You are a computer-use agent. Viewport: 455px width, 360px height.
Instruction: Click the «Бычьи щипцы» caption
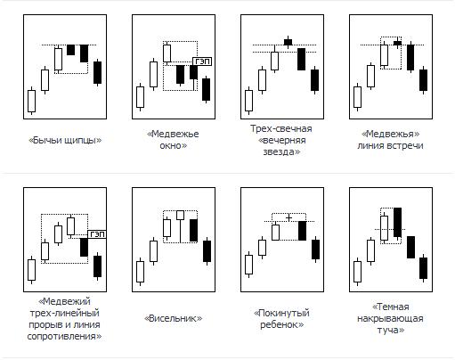65,140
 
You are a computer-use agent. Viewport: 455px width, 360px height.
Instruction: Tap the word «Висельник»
174,318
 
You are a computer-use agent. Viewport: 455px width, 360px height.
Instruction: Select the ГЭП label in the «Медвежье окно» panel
202,61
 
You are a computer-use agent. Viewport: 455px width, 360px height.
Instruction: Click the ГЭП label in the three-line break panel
97,234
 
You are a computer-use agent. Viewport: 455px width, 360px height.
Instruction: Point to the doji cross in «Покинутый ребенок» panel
288,217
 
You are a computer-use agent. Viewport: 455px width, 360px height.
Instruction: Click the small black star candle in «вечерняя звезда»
288,42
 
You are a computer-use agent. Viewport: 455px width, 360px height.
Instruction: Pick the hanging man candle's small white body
180,215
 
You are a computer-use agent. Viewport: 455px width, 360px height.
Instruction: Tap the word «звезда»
281,151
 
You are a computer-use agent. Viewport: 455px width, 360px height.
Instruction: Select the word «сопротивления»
64,336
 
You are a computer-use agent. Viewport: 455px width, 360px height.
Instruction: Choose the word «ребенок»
281,324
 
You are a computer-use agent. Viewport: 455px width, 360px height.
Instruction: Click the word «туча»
391,330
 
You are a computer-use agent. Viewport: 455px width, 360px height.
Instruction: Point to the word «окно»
174,145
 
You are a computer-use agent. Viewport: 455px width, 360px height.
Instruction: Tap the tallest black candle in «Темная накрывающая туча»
397,223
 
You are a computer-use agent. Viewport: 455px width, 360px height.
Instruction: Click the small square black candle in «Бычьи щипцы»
70,50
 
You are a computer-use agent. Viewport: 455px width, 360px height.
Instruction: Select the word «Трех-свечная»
281,128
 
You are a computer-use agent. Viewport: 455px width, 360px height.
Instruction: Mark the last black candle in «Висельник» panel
207,251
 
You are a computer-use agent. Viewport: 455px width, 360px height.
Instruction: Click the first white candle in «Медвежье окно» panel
140,97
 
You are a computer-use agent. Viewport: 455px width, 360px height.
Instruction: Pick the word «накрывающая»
390,318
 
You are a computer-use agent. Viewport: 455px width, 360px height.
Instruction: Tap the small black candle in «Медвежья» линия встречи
397,43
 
